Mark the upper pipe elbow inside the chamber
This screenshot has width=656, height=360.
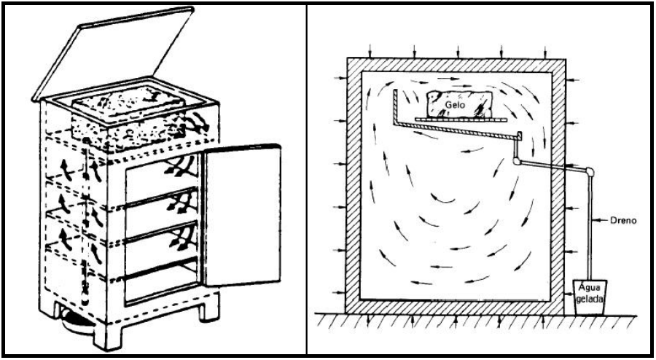518,136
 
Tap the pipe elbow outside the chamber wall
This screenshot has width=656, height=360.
589,173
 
